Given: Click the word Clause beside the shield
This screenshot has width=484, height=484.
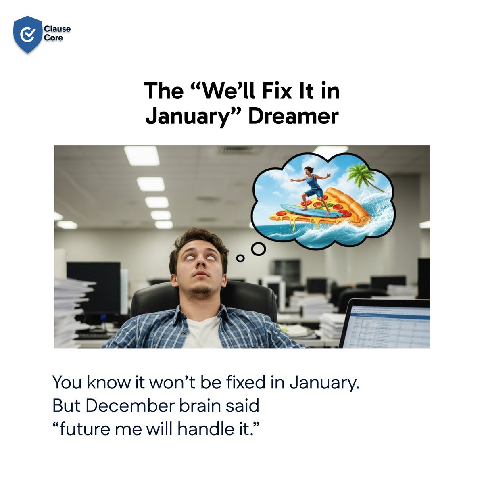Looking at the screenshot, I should tap(57, 29).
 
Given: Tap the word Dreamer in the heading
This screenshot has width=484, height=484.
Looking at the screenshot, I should tap(293, 117).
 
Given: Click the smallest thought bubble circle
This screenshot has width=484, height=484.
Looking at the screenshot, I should tap(240, 258).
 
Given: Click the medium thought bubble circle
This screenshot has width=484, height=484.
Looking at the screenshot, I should tap(258, 249).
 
